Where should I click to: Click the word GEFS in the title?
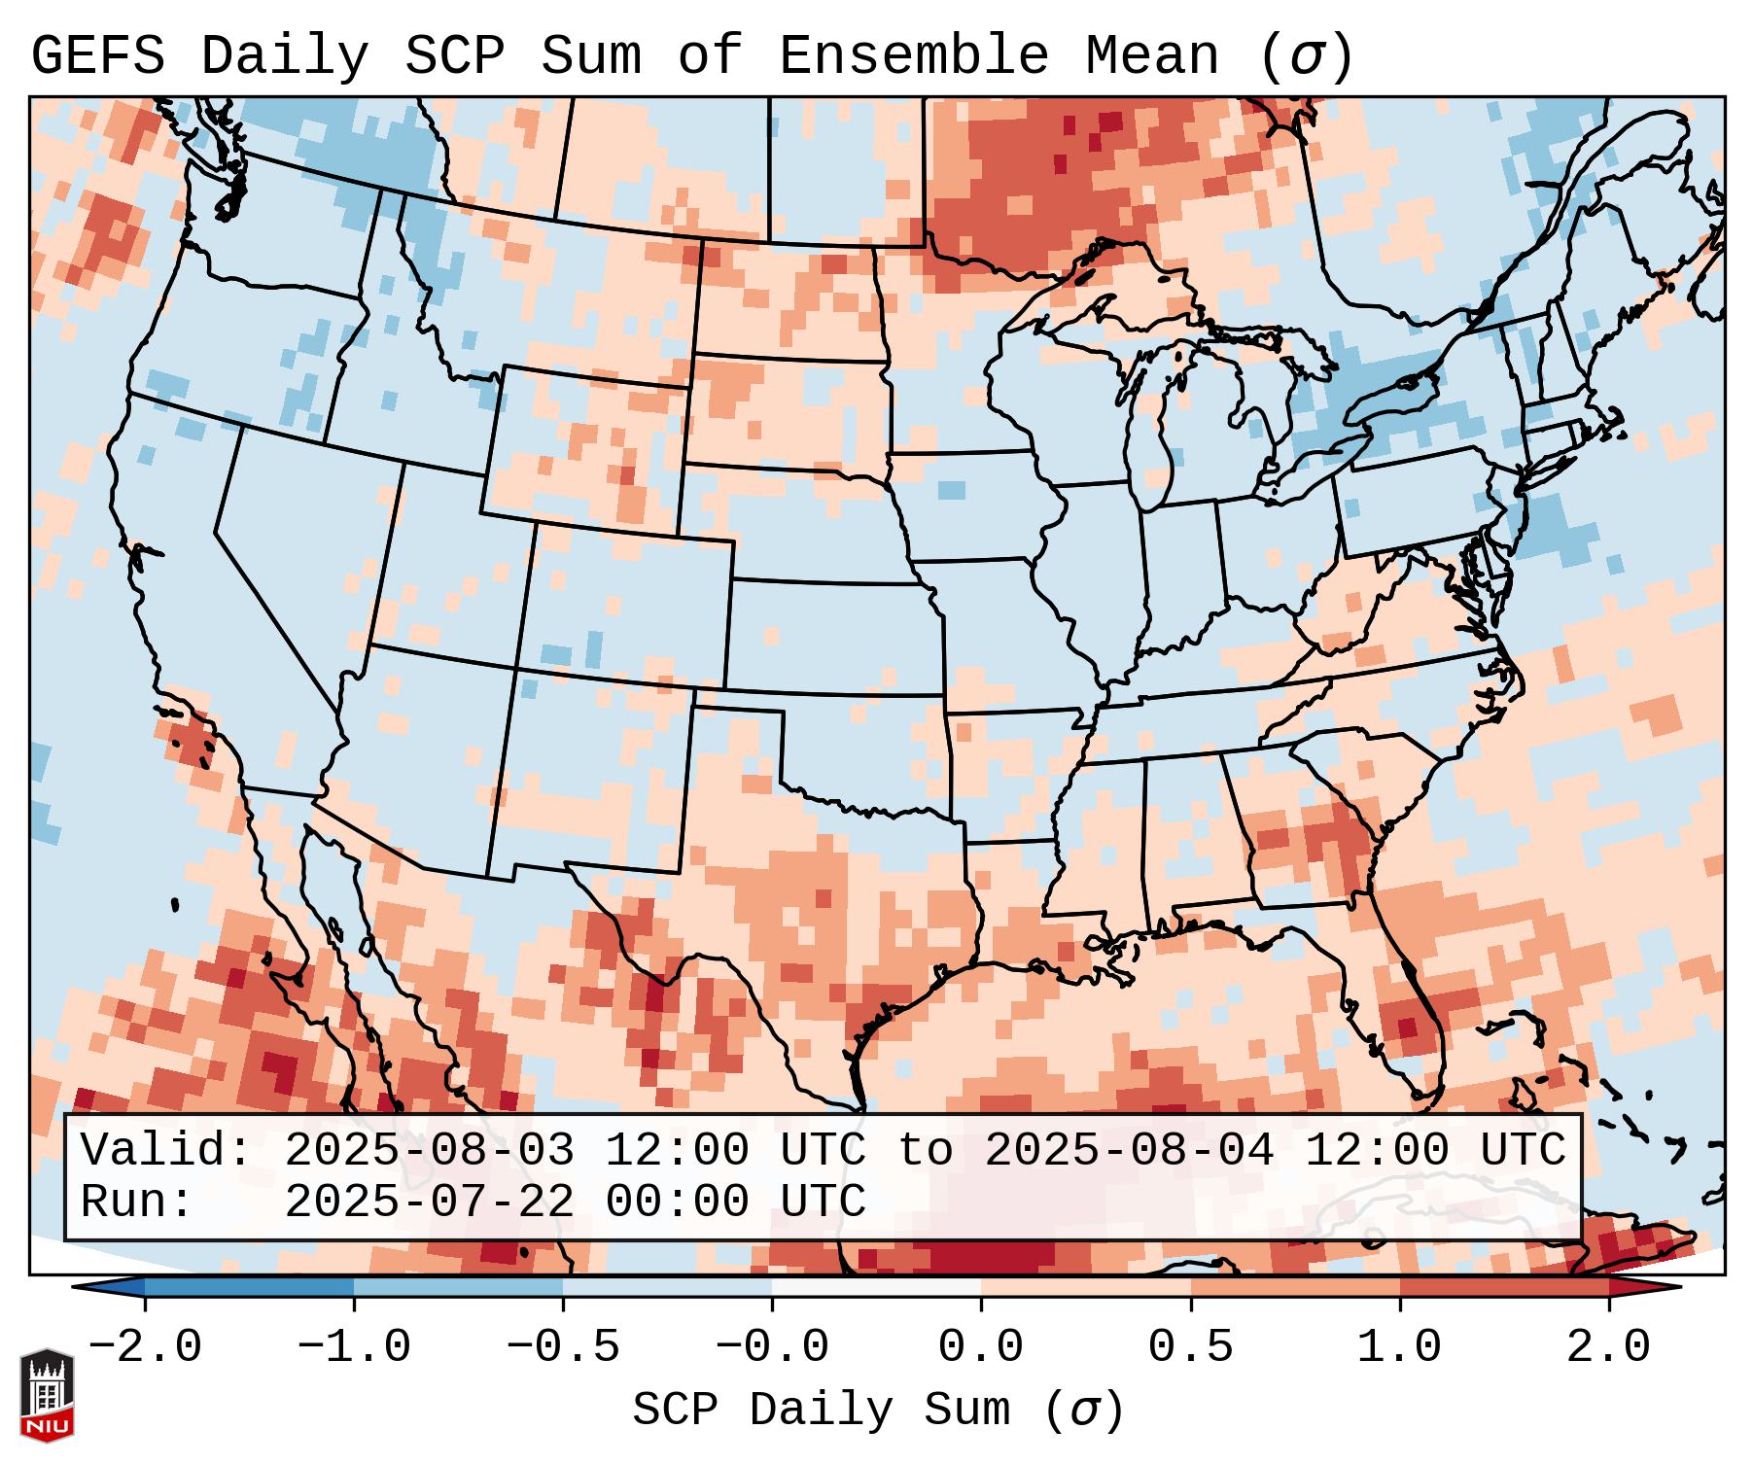pyautogui.click(x=97, y=56)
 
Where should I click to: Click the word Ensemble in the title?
pyautogui.click(x=913, y=56)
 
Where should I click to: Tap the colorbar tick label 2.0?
pyautogui.click(x=1608, y=1347)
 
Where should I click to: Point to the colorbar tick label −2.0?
pyautogui.click(x=144, y=1347)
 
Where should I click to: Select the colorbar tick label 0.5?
pyautogui.click(x=1190, y=1347)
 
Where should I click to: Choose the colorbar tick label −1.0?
pyautogui.click(x=353, y=1347)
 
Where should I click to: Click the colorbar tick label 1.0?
pyautogui.click(x=1399, y=1347)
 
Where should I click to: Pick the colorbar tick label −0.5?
pyautogui.click(x=563, y=1347)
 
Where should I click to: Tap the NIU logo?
pyautogui.click(x=47, y=1395)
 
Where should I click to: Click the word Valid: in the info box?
pyautogui.click(x=166, y=1151)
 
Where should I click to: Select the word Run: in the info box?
pyautogui.click(x=137, y=1202)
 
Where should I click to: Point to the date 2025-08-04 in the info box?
pyautogui.click(x=1129, y=1151)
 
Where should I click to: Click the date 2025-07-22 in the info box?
pyautogui.click(x=429, y=1202)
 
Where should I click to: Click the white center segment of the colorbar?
pyautogui.click(x=876, y=1287)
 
